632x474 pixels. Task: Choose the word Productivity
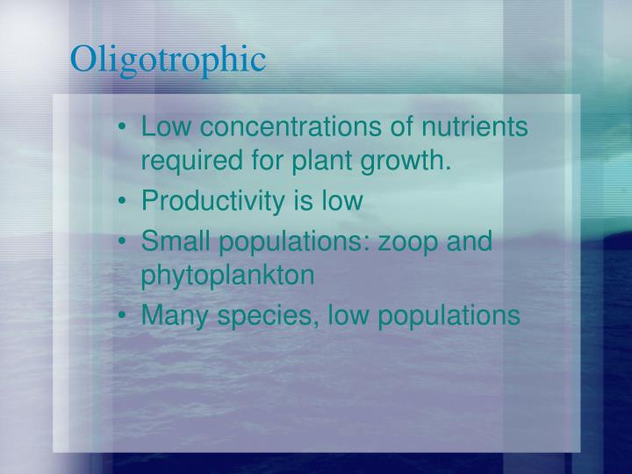212,201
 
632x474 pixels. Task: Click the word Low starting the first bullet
166,127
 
